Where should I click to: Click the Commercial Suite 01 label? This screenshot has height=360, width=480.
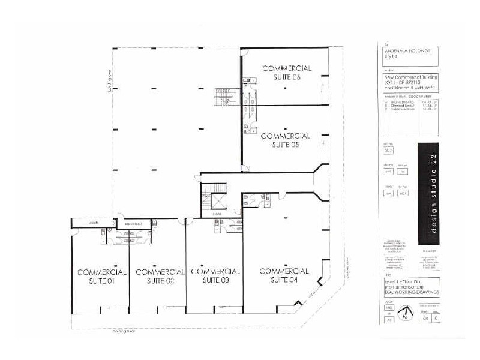click(101, 277)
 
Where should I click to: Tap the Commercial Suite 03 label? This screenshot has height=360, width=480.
click(215, 275)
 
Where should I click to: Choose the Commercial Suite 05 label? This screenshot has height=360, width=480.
click(286, 140)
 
